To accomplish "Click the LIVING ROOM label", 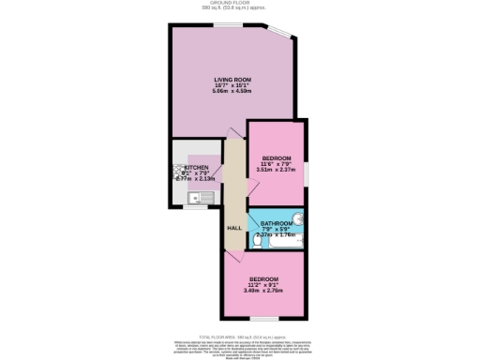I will [231, 79].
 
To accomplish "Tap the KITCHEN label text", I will [183, 167].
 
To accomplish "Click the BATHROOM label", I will [277, 223].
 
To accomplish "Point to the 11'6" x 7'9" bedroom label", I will [277, 157].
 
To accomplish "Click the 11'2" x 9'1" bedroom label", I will [263, 279].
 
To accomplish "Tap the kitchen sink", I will [199, 198].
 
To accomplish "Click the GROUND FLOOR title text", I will [240, 4].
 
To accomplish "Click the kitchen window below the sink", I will [196, 207].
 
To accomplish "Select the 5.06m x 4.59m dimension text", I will [231, 92].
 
